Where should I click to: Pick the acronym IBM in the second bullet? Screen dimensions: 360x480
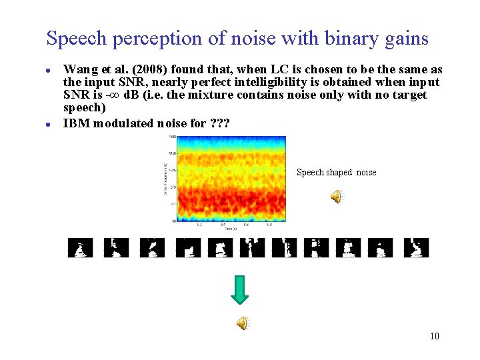click(x=75, y=123)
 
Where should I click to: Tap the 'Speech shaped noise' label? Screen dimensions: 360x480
click(x=336, y=173)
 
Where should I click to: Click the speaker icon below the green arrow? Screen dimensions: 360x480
click(x=243, y=323)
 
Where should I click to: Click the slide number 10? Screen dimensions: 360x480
click(x=434, y=336)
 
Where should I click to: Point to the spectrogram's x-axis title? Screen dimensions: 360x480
click(x=229, y=229)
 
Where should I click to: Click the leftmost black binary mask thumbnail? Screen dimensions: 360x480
click(x=81, y=248)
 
